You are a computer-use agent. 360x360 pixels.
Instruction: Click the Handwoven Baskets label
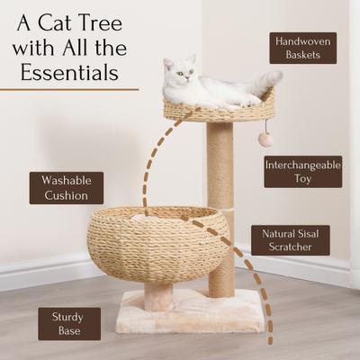click(302, 48)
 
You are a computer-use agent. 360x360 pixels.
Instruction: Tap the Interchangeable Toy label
click(302, 171)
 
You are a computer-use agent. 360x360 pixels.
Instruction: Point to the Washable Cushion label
click(66, 187)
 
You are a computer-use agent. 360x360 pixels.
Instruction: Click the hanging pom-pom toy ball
click(265, 139)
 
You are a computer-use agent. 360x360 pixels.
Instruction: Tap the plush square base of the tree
click(189, 315)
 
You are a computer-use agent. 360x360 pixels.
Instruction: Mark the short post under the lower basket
click(159, 293)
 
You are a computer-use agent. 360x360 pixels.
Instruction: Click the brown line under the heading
click(69, 89)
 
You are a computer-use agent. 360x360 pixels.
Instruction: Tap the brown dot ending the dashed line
click(271, 341)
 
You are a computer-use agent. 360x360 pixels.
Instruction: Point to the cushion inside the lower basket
click(144, 216)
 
